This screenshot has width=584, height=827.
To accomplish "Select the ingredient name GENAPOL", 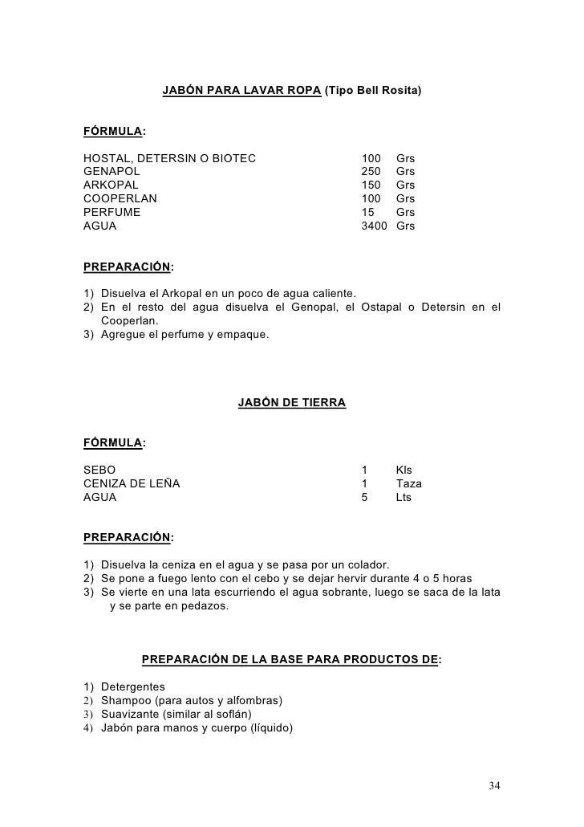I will coord(112,172).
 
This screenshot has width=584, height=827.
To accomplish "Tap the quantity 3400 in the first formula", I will coord(374,226).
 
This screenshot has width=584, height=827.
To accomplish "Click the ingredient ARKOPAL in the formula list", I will coord(111,185).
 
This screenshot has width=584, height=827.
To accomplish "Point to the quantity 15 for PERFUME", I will coord(368,213).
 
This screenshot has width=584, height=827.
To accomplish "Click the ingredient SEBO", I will coord(99,470).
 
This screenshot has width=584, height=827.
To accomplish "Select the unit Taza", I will coord(408,483).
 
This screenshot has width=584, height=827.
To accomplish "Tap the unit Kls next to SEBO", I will coord(404,470).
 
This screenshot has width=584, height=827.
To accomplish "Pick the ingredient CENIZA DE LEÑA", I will coord(132,483).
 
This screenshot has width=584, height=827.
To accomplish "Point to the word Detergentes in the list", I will coord(133,687).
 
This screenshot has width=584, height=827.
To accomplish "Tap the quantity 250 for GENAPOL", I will coord(371,172).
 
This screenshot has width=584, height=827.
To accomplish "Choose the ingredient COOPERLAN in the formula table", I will coord(120,199).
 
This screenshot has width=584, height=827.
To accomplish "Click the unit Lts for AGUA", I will coord(404,497).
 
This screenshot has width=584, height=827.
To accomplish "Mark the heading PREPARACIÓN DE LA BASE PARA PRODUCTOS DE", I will coord(290,660).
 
